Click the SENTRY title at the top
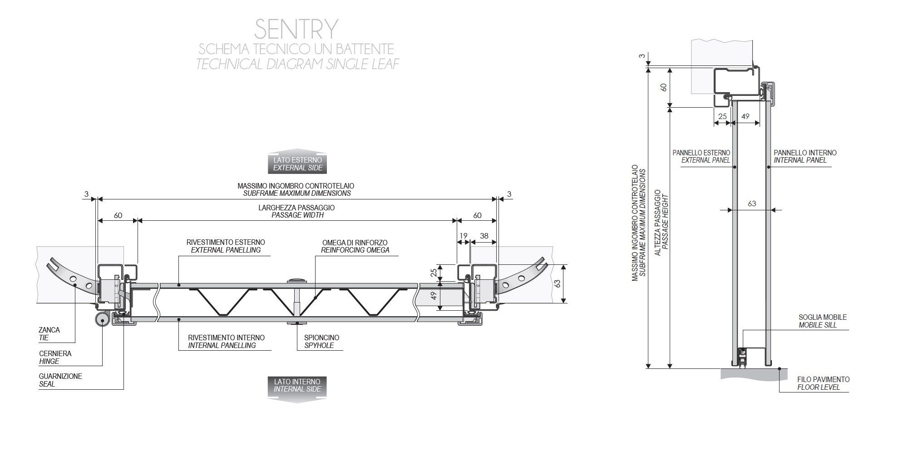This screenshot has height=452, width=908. tap(296, 29)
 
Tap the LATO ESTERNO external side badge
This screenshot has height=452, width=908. tap(297, 164)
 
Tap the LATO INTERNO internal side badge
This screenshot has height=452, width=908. tap(297, 385)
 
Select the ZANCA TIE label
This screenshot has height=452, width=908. tap(49, 334)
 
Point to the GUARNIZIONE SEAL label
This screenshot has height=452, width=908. tap(60, 380)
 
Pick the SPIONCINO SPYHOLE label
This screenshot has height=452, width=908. tap(321, 342)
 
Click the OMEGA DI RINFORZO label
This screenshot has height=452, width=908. tap(355, 246)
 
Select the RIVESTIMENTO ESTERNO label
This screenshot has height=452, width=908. tap(226, 246)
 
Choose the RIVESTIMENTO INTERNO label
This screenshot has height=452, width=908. tap(226, 342)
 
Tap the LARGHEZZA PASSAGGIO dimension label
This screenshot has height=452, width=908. tap(297, 211)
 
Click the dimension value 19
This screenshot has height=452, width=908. tap(463, 236)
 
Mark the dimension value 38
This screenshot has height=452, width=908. tap(484, 236)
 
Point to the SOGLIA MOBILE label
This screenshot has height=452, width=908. tap(822, 321)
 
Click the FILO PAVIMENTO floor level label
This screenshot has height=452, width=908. tap(823, 383)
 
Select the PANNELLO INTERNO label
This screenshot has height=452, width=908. tap(805, 156)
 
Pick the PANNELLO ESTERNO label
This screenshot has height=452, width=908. tap(701, 156)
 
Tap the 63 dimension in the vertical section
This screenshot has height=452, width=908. tap(752, 204)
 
